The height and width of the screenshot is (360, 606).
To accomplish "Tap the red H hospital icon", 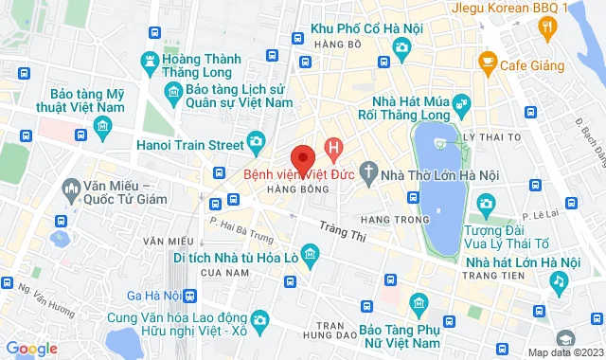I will point(332,148).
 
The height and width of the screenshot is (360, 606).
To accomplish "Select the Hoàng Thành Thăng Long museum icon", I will point(148,63).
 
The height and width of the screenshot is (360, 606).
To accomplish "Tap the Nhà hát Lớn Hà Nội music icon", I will point(560,281).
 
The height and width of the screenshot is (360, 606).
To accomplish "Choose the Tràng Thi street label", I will point(340,228).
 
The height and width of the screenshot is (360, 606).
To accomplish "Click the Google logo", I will point(31,349).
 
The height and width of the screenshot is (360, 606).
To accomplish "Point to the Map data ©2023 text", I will point(563,352).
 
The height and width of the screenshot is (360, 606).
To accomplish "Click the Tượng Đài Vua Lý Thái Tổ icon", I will point(486,203).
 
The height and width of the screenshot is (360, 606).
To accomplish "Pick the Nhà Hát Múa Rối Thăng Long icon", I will point(460,101).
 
